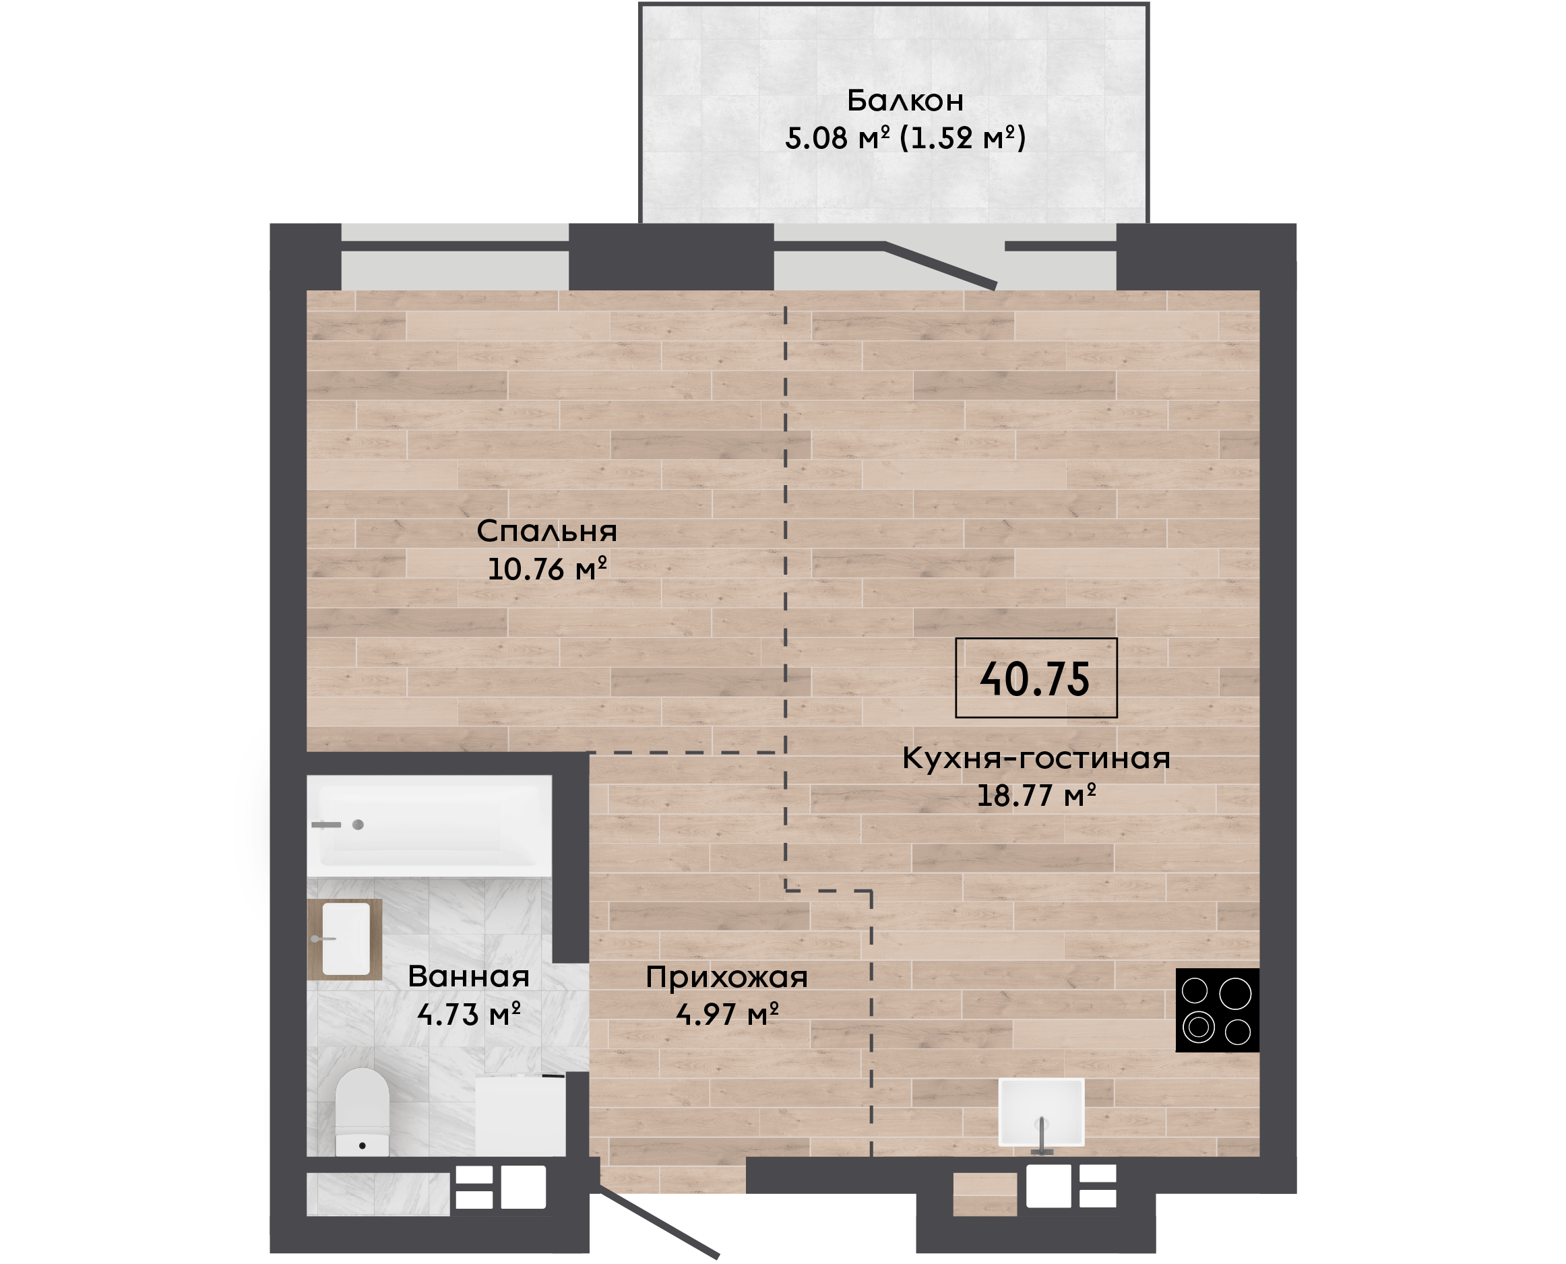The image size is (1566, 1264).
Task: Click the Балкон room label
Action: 905,100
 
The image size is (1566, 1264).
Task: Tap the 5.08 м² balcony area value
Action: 837,137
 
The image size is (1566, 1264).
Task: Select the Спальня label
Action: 546,532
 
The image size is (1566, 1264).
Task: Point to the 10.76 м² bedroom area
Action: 546,569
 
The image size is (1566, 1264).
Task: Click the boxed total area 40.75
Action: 1035,678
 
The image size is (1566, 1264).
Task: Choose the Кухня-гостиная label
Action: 1036,758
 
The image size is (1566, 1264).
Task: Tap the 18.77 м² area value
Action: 1036,795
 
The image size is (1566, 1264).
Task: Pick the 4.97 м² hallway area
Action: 727,1013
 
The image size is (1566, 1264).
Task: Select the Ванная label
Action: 468,976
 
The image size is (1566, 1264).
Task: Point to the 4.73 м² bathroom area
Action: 468,1013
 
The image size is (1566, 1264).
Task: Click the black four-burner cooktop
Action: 1217,1010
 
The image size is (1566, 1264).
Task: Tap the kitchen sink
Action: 1041,1112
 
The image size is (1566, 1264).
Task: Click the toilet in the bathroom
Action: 362,1112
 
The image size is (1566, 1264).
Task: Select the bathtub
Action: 429,825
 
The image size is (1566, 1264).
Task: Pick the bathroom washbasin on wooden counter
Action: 345,939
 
